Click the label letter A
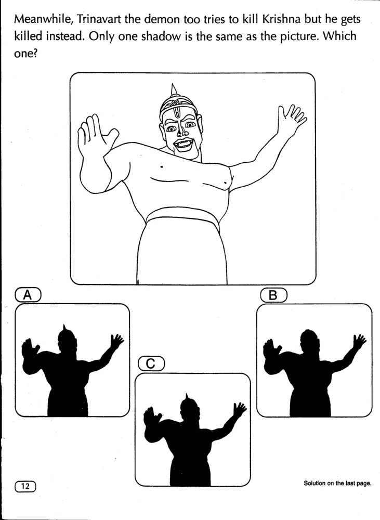point(28,295)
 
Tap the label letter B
point(273,295)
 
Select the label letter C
point(150,364)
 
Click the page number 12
point(25,486)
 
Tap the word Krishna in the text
point(281,19)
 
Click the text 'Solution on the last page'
point(337,483)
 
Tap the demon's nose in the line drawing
point(182,132)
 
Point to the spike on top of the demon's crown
point(173,89)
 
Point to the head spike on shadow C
point(187,397)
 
